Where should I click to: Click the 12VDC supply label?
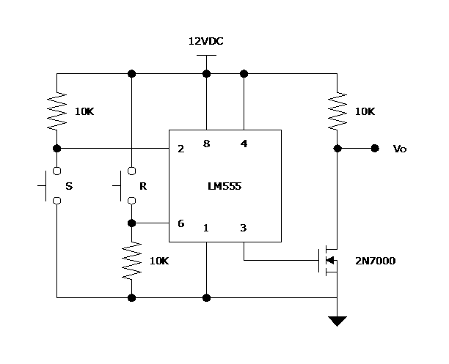coord(205,42)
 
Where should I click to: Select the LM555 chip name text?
coord(224,186)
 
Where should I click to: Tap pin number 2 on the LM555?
coord(180,148)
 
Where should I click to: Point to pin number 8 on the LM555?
coord(206,144)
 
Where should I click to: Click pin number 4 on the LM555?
coord(244,144)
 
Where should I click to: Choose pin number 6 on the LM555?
coord(180,223)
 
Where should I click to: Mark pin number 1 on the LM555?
coord(206,228)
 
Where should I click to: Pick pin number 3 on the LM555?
coord(244,228)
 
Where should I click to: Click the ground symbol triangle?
coord(337,321)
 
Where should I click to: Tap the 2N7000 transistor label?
coord(375,260)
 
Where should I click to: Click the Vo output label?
coord(400,149)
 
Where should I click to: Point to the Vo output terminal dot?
coord(375,148)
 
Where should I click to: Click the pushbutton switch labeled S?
coord(51,186)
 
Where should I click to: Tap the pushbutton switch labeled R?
coord(126,186)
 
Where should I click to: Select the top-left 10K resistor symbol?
coord(56,111)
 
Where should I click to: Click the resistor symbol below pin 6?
coord(131,261)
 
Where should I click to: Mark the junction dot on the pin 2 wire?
coord(56,148)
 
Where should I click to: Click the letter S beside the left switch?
coord(69,186)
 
